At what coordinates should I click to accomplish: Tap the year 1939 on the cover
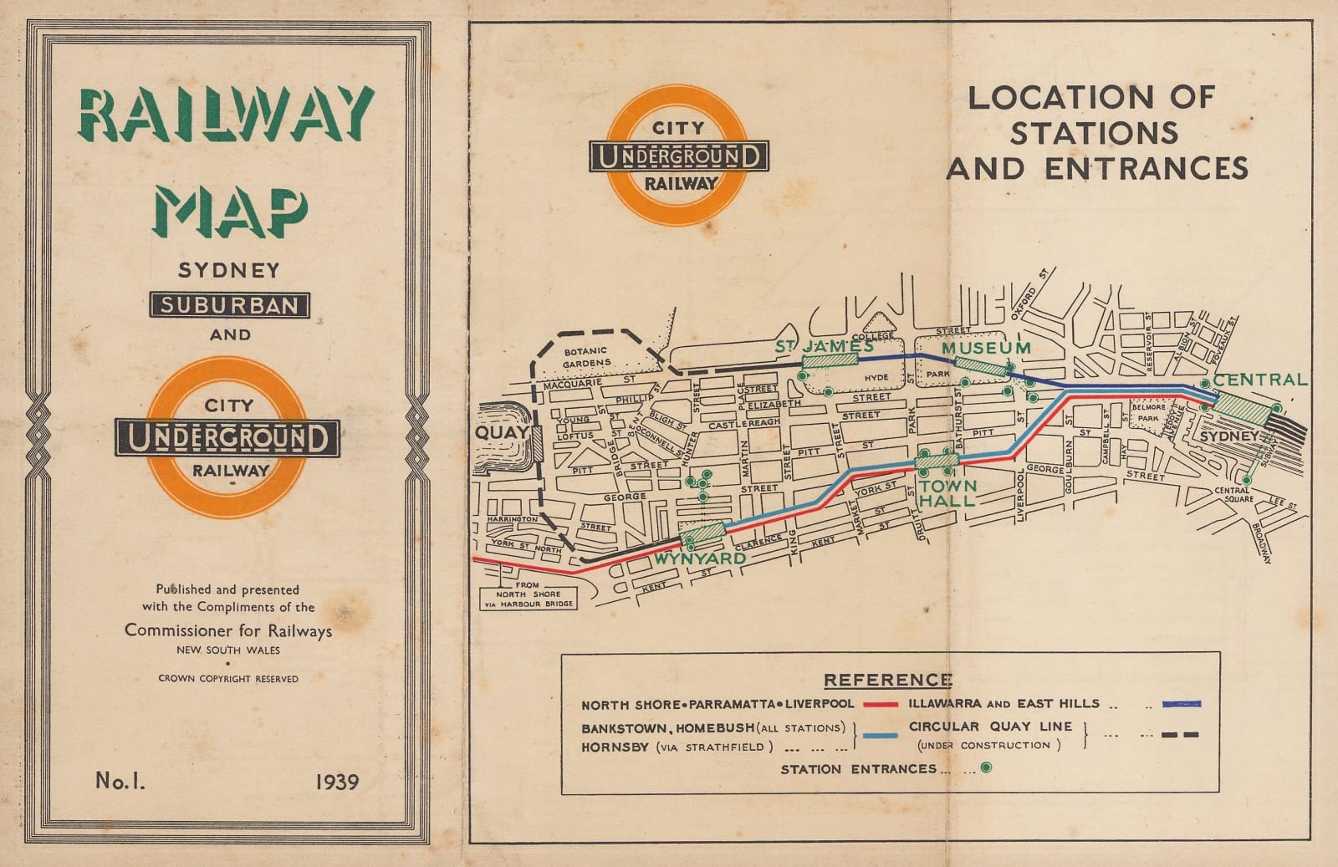click(x=337, y=782)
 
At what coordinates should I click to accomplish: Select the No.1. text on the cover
click(x=120, y=781)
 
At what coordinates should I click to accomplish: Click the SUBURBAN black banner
click(x=229, y=305)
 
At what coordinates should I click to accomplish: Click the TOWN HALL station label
click(x=947, y=493)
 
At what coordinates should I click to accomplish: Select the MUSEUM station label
click(x=986, y=347)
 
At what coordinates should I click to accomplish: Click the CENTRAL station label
click(x=1259, y=380)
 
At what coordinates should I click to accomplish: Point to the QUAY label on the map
click(x=502, y=432)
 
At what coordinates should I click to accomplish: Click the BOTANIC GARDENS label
click(x=586, y=358)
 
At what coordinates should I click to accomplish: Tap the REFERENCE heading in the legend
click(x=887, y=680)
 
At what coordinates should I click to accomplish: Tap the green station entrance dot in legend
click(x=987, y=768)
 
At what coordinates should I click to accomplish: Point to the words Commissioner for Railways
click(x=228, y=630)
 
